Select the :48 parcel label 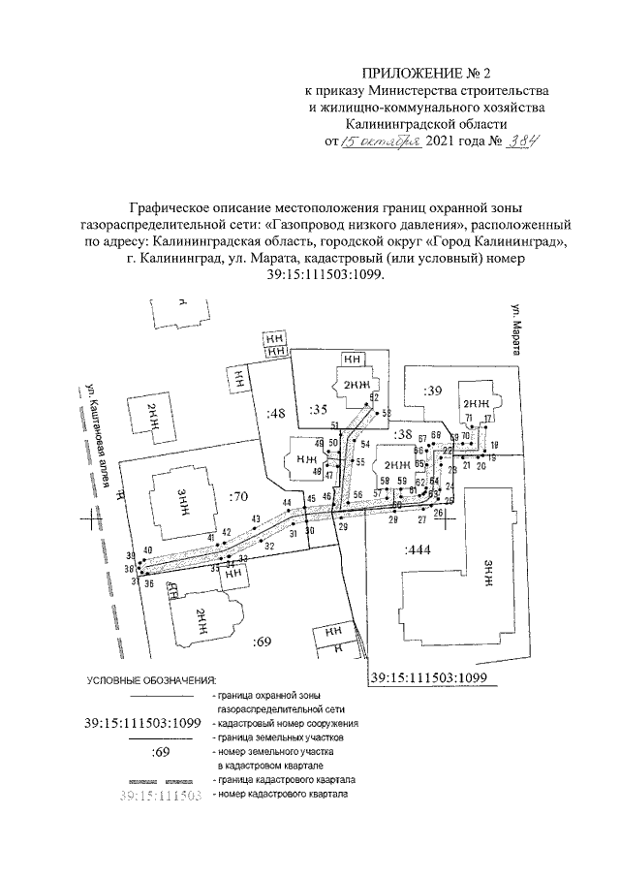277,414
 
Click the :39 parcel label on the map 432,390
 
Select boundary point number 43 256,519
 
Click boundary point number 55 359,462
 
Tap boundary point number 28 393,520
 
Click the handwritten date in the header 386,141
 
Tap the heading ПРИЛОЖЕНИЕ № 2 427,74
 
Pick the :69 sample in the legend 161,752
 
